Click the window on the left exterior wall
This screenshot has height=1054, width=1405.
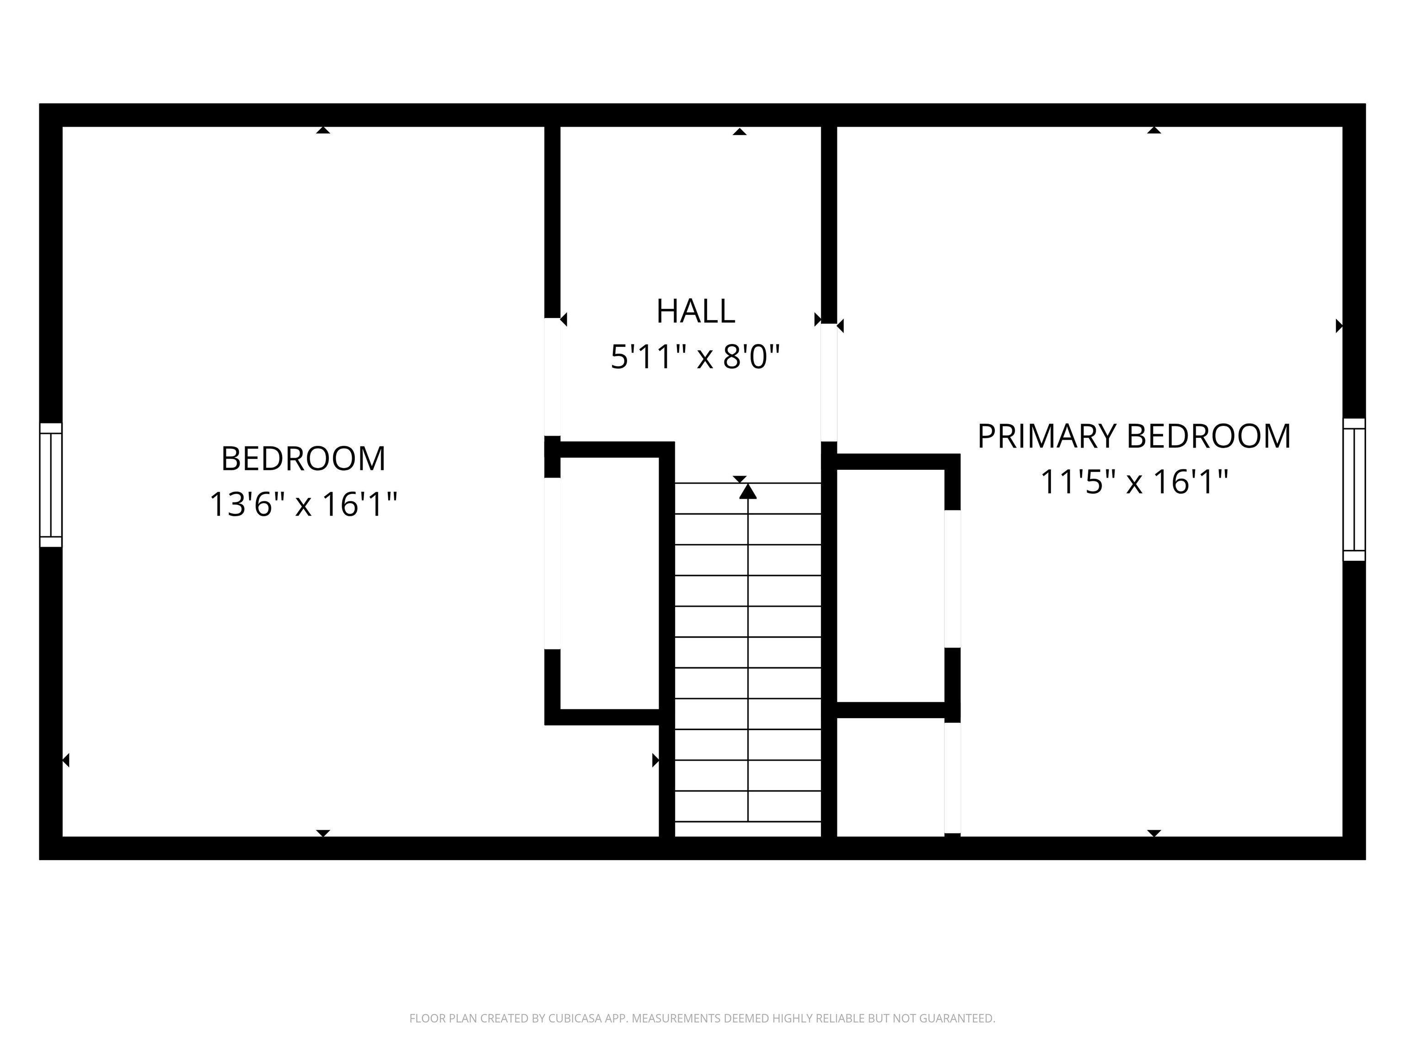(51, 485)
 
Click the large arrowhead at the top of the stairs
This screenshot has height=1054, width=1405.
(748, 491)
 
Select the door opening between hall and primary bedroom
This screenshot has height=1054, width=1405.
(829, 382)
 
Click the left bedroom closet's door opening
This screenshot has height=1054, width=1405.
(552, 564)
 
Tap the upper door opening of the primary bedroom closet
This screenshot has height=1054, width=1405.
(952, 578)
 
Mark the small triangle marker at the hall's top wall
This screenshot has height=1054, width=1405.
(740, 131)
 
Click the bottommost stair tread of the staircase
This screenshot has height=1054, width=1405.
(748, 829)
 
